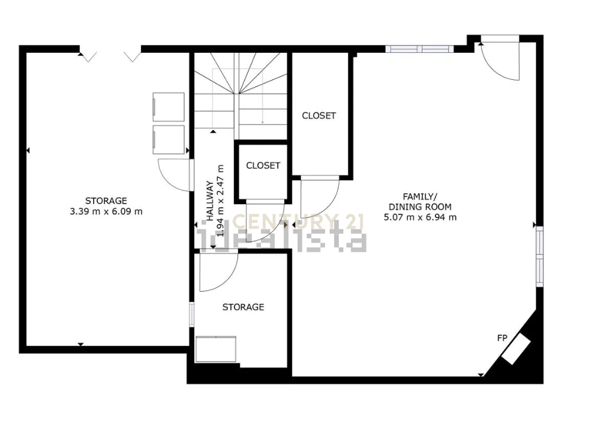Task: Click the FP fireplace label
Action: [502, 338]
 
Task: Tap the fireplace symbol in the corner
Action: [516, 349]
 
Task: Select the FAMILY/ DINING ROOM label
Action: [420, 202]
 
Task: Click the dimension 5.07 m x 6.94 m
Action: [420, 217]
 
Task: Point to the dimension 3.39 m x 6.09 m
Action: [106, 211]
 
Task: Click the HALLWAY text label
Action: [209, 201]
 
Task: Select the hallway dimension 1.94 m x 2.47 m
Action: [220, 201]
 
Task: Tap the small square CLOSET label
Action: [263, 165]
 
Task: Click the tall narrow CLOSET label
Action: [318, 115]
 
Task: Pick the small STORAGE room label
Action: [244, 307]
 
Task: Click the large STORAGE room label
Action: [106, 201]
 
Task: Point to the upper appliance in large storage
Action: [169, 107]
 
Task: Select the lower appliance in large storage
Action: [169, 139]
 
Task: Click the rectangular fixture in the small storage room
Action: [215, 349]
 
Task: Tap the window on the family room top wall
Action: [419, 49]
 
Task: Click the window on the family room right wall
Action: [539, 256]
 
